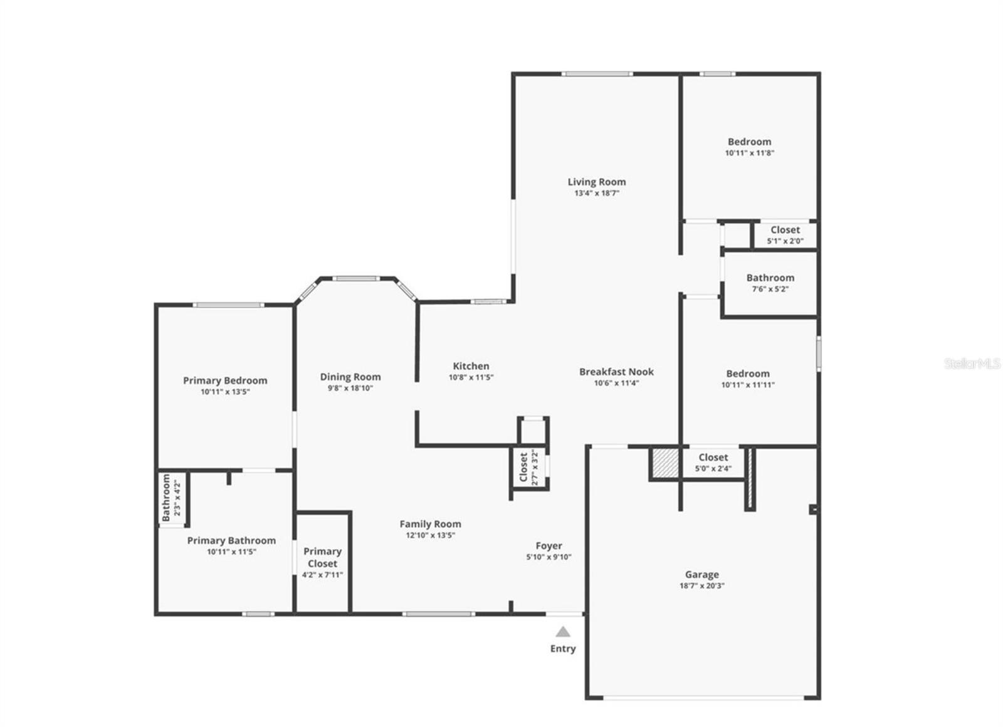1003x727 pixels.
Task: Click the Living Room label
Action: [x=596, y=182]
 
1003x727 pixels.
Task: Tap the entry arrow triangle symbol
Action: [x=563, y=632]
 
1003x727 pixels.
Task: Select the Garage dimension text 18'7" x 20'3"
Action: [x=701, y=586]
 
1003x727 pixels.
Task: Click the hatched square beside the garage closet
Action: [x=664, y=463]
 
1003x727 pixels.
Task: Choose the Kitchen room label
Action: [x=471, y=366]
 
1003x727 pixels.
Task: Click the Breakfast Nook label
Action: [x=616, y=372]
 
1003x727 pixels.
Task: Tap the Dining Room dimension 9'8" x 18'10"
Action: [x=350, y=388]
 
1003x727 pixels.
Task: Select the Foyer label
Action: [x=549, y=546]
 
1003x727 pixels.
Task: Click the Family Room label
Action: [x=430, y=524]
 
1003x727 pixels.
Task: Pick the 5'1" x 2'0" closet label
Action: [x=785, y=230]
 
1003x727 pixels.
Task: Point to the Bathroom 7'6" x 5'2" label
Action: [x=770, y=278]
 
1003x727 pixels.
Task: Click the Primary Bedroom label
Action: [x=225, y=380]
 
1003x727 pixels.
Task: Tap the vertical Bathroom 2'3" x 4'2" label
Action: [x=166, y=498]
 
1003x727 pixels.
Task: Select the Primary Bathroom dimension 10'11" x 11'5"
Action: [x=231, y=552]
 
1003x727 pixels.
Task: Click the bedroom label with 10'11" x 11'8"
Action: [x=749, y=142]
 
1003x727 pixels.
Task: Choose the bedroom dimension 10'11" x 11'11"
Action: [x=748, y=385]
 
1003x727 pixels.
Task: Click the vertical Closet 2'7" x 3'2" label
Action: [x=524, y=468]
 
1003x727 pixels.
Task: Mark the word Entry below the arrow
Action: [x=563, y=649]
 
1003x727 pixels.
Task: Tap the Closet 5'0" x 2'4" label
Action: [x=713, y=458]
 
